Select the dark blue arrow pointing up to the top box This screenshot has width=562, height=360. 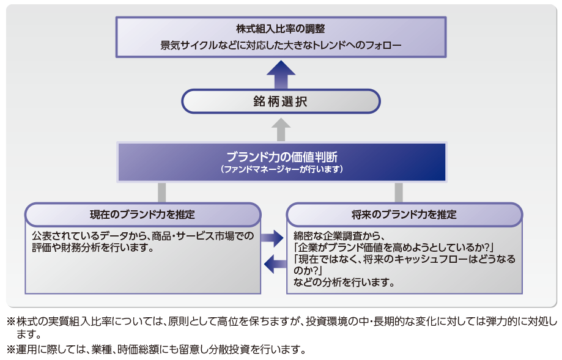pyautogui.click(x=281, y=75)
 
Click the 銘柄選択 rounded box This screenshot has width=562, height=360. pyautogui.click(x=281, y=101)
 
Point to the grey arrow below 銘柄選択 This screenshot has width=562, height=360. pyautogui.click(x=281, y=129)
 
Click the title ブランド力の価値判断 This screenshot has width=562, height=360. pyautogui.click(x=281, y=156)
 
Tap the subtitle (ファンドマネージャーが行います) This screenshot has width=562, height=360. pyautogui.click(x=281, y=169)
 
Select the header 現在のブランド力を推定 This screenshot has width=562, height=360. pyautogui.click(x=142, y=215)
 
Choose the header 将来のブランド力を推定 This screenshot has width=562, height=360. pyautogui.click(x=404, y=215)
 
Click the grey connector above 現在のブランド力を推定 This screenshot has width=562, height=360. pyautogui.click(x=162, y=193)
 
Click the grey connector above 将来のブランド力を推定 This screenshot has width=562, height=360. pyautogui.click(x=399, y=193)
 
